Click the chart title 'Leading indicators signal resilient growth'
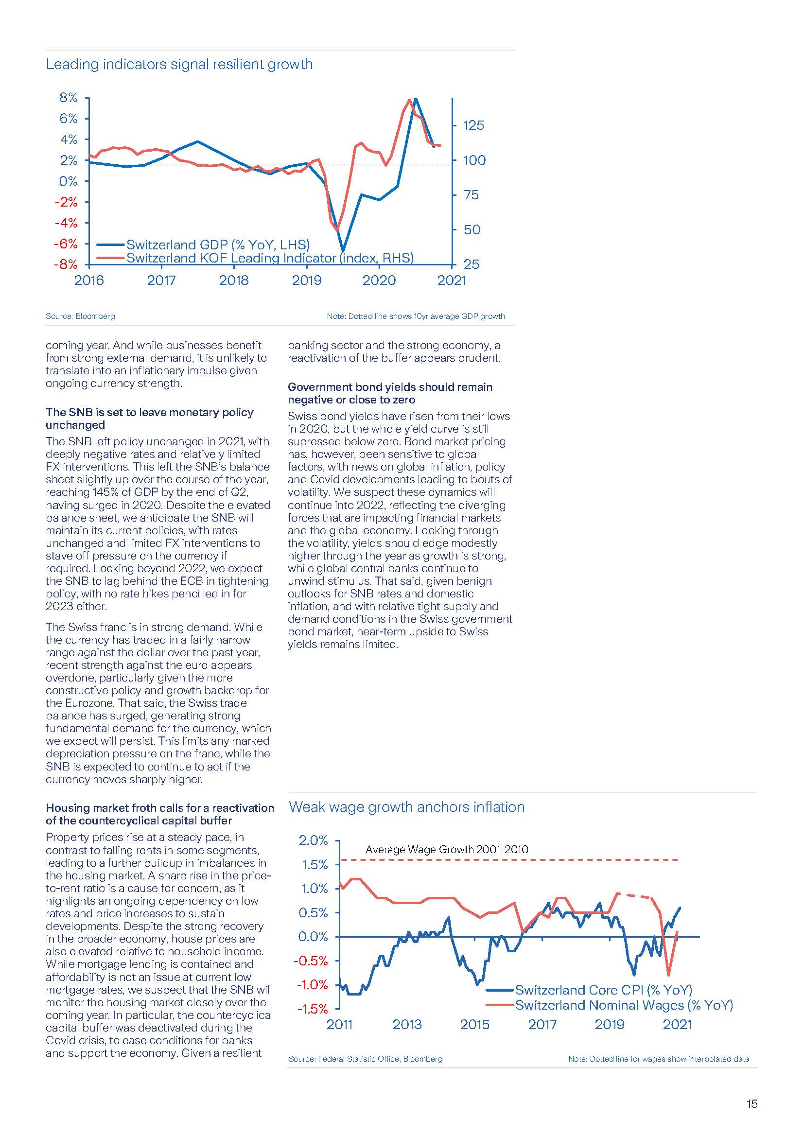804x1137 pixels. [x=179, y=64]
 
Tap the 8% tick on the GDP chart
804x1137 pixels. [x=69, y=98]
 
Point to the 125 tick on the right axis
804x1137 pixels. [x=473, y=125]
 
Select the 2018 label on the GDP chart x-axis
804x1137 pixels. [x=234, y=280]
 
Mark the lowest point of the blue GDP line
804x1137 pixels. [x=343, y=249]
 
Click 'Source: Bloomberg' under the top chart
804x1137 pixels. [x=80, y=316]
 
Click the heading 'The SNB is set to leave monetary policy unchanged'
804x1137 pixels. [x=150, y=419]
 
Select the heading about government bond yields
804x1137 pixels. [x=390, y=393]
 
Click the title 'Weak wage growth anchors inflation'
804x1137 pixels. [x=406, y=807]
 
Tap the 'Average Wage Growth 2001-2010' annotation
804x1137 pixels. [x=447, y=849]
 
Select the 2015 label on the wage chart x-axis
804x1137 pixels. [x=474, y=1024]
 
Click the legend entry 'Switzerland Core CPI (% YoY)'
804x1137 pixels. [x=603, y=990]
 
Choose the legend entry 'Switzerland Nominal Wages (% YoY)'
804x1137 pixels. [x=624, y=1005]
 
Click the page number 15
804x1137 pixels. [x=752, y=1103]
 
